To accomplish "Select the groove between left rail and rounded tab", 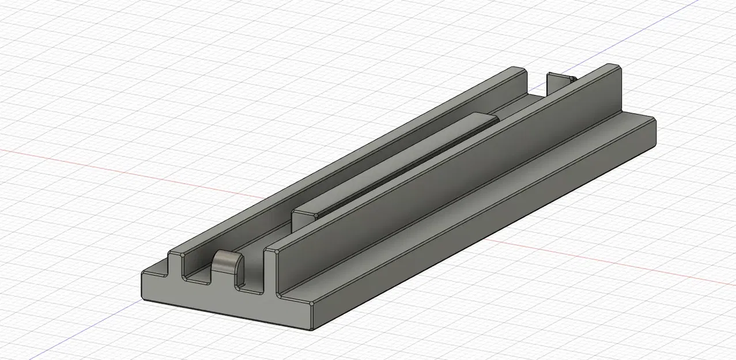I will (x=199, y=277).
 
